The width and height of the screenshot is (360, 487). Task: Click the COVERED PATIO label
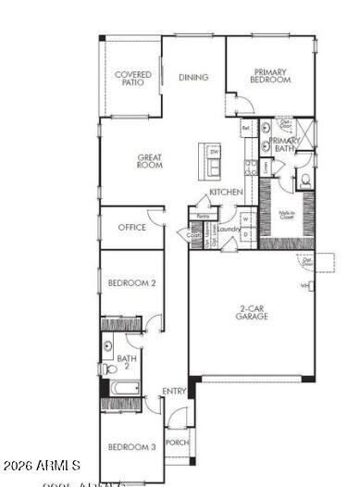pos(132,79)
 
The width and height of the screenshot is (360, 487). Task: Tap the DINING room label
pos(193,78)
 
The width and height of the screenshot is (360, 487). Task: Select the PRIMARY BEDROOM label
pos(270,76)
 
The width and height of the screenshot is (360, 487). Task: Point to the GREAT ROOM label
pos(149,161)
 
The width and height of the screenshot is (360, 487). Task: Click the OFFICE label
pos(131,227)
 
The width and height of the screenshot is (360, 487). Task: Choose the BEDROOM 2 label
pos(130,282)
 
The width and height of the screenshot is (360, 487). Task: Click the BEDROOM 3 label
pos(130,447)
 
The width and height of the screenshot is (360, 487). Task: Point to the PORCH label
pos(177,443)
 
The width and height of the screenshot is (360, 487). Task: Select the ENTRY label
pos(174,392)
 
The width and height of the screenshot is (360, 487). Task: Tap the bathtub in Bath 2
pos(124,387)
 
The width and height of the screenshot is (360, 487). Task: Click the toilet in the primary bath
pos(304,181)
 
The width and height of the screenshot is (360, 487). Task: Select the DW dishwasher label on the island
pos(214,151)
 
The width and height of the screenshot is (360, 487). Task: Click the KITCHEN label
pos(226,192)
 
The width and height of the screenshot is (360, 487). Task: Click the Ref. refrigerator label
pos(246,127)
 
